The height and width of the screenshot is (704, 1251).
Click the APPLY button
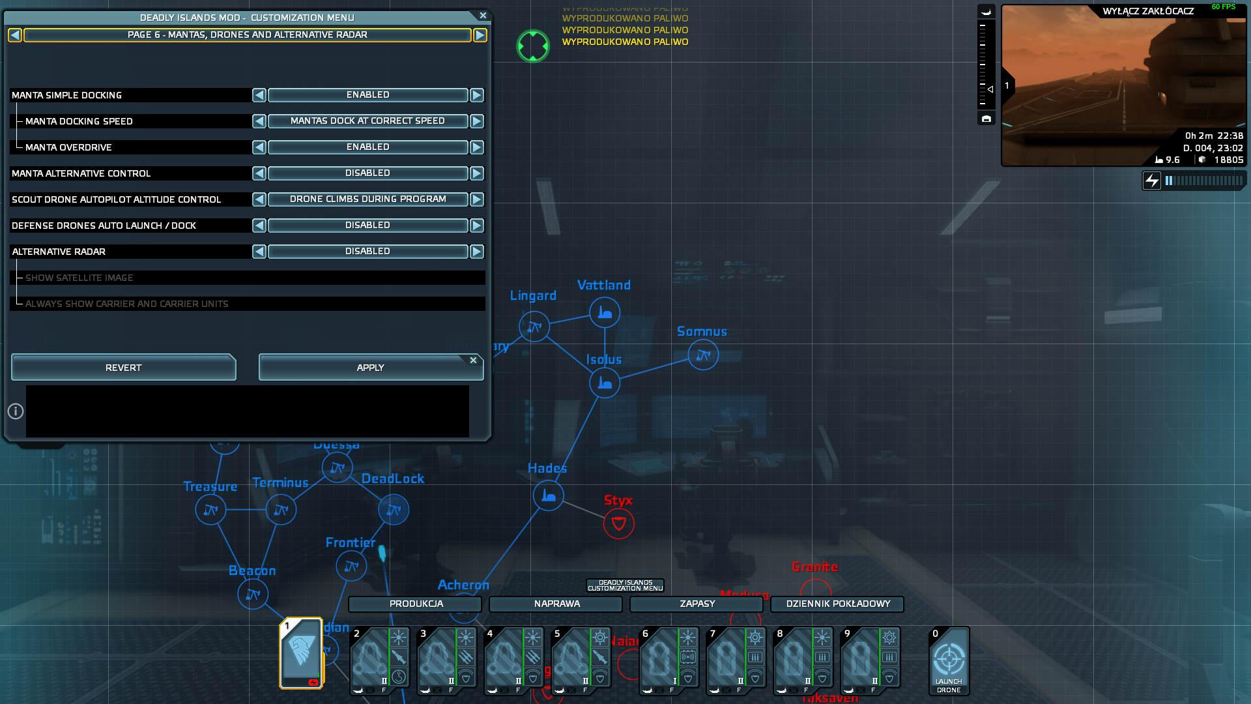pyautogui.click(x=370, y=368)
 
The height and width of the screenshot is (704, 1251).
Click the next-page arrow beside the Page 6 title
pyautogui.click(x=480, y=35)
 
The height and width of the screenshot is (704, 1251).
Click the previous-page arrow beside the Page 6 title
pyautogui.click(x=15, y=35)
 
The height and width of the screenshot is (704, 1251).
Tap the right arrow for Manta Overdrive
pyautogui.click(x=477, y=147)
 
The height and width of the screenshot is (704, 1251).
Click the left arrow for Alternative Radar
pyautogui.click(x=259, y=252)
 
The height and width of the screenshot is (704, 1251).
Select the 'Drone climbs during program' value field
pyautogui.click(x=367, y=199)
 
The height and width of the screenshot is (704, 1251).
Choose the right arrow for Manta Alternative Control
pyautogui.click(x=477, y=173)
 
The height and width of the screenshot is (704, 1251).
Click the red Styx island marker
pyautogui.click(x=618, y=523)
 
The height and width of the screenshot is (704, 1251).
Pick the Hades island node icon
pyautogui.click(x=549, y=496)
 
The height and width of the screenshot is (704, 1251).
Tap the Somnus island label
pyautogui.click(x=702, y=332)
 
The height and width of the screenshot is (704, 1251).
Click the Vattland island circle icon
pyautogui.click(x=605, y=313)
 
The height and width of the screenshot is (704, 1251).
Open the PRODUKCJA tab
pyautogui.click(x=416, y=604)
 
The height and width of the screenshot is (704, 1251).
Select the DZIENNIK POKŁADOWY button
pyautogui.click(x=837, y=604)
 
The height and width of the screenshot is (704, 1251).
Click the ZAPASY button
pyautogui.click(x=697, y=604)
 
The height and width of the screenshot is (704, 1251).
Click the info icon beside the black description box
pyautogui.click(x=16, y=411)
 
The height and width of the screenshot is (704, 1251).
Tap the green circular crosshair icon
pyautogui.click(x=533, y=46)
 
